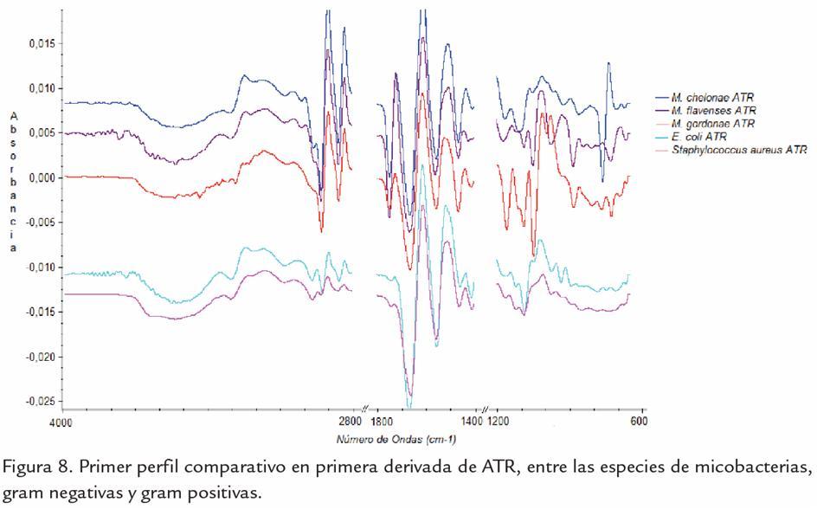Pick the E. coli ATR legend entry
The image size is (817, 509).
click(698, 137)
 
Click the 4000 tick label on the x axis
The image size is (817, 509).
click(61, 422)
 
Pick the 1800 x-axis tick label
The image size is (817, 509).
click(383, 422)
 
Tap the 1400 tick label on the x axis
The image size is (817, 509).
click(473, 422)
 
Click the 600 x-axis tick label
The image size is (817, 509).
click(639, 422)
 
